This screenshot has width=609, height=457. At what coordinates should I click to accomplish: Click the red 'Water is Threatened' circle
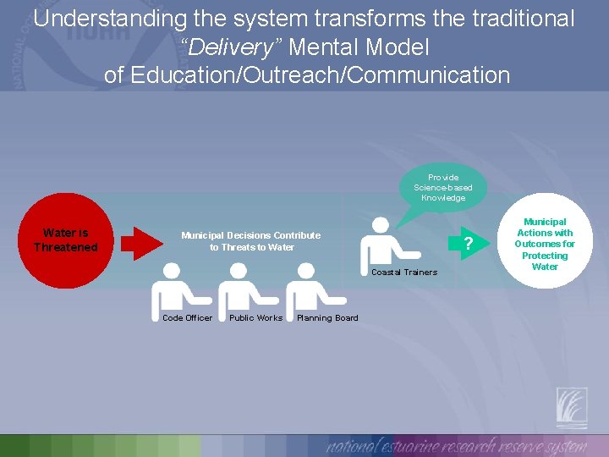point(66,240)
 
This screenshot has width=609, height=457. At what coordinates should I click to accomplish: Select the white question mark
point(468,245)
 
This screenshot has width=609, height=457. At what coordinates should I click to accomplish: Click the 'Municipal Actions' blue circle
point(545,244)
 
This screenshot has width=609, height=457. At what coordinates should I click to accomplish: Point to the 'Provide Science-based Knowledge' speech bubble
point(443,187)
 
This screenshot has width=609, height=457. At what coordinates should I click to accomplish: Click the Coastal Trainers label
point(404,273)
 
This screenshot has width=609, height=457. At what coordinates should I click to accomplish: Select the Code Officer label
point(187,318)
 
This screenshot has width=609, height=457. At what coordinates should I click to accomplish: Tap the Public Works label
point(255,318)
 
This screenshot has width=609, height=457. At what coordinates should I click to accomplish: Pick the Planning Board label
point(327,318)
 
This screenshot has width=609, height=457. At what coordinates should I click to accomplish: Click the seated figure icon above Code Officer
point(178,290)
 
